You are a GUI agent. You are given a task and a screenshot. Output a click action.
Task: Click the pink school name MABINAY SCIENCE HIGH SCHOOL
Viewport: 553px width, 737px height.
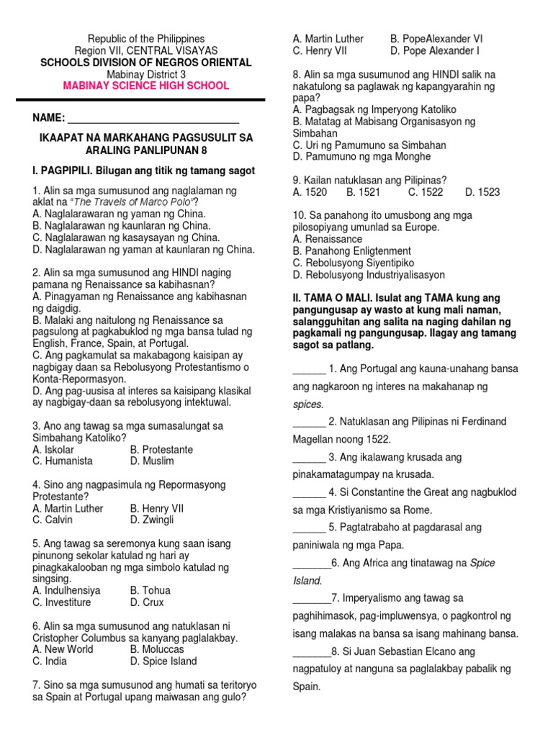pyautogui.click(x=146, y=86)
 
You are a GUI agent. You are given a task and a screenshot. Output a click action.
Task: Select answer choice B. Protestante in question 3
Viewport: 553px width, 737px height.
pyautogui.click(x=161, y=449)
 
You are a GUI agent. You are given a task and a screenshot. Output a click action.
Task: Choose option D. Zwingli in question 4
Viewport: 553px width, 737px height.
pyautogui.click(x=152, y=520)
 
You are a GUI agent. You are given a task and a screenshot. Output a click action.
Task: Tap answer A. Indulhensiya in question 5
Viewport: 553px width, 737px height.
pyautogui.click(x=67, y=590)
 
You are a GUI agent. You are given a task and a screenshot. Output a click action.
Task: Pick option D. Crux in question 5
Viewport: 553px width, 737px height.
pyautogui.click(x=147, y=602)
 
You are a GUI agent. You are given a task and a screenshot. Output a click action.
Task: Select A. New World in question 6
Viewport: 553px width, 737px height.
pyautogui.click(x=63, y=649)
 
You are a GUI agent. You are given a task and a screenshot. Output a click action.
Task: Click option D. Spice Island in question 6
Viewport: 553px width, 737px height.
pyautogui.click(x=163, y=661)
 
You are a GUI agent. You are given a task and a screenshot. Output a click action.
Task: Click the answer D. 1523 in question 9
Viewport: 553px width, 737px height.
pyautogui.click(x=482, y=192)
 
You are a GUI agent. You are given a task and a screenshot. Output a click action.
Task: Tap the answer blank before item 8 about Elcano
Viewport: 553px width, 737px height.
pyautogui.click(x=311, y=651)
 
